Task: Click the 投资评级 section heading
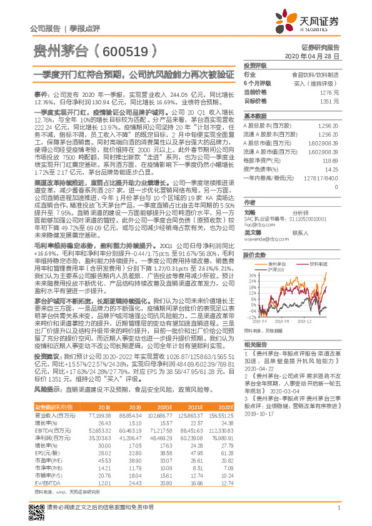point(255,65)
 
